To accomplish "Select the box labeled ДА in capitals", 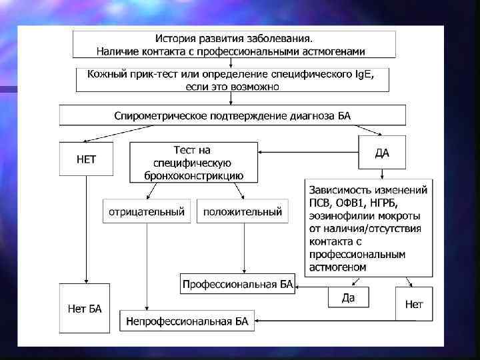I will (382, 153).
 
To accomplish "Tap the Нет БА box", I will (85, 308).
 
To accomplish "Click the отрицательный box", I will (146, 212).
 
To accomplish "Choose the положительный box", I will (242, 212).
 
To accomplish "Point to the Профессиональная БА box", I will (237, 285).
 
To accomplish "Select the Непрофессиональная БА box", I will (187, 321).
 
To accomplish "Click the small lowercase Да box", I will (348, 298).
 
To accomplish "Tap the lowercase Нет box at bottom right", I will (413, 305).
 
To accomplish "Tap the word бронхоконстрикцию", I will (193, 176).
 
